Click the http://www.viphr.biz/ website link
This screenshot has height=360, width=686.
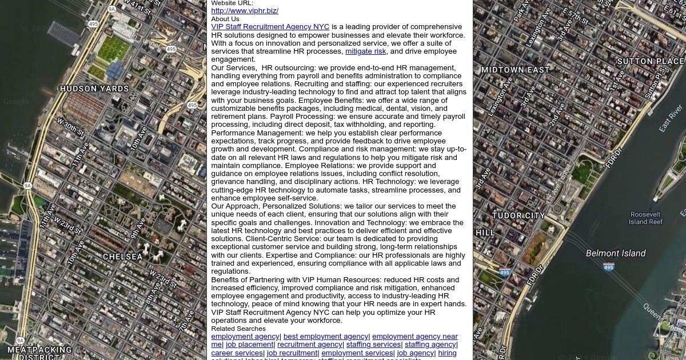[245, 11]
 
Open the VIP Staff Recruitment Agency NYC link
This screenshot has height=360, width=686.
[270, 27]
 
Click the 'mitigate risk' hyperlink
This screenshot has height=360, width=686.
[365, 51]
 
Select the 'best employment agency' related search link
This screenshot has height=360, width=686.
[326, 337]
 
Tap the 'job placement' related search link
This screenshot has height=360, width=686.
[249, 345]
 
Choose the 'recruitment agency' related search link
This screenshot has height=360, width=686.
[310, 345]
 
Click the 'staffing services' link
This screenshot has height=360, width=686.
[373, 345]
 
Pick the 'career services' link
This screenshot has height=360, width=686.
[237, 353]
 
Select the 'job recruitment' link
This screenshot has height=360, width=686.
[292, 353]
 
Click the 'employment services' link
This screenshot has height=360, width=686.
[357, 353]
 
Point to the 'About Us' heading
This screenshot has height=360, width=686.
[225, 19]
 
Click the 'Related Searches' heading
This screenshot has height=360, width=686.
[238, 329]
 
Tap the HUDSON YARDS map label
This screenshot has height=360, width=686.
[94, 89]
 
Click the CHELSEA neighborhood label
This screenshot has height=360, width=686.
[123, 257]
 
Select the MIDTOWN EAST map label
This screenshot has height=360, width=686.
[515, 70]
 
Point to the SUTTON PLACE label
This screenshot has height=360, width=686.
[650, 62]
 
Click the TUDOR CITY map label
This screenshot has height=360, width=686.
[519, 216]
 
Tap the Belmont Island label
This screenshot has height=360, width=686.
[616, 253]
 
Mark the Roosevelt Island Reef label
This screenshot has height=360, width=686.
[645, 218]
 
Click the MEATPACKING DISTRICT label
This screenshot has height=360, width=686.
[39, 353]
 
